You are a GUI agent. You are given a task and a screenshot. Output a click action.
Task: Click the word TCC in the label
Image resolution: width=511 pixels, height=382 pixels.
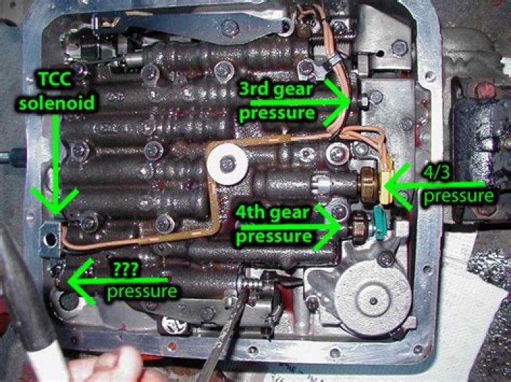click(55, 80)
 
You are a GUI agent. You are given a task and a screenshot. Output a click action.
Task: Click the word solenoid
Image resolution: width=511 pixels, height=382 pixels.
click(57, 102)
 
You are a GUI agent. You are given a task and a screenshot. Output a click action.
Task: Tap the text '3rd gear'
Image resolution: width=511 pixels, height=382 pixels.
click(276, 89)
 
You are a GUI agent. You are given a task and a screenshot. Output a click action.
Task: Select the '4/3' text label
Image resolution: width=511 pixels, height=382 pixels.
click(436, 172)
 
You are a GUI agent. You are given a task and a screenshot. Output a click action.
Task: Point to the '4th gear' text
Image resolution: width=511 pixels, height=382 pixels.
click(273, 213)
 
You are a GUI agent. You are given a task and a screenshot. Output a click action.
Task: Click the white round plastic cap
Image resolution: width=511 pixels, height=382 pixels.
click(227, 164)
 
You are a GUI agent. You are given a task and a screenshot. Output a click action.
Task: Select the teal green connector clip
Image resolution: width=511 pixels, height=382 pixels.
click(379, 223)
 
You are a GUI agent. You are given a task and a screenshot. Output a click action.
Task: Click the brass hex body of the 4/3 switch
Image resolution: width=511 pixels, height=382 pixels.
click(368, 184)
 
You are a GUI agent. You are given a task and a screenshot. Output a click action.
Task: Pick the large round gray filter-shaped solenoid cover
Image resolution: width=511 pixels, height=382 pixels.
click(373, 299)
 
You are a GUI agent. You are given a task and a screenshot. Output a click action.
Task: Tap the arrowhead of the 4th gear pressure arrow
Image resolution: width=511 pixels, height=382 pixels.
click(341, 226)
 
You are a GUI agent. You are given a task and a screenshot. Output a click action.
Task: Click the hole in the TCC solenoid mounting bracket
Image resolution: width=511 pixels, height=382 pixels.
click(50, 240)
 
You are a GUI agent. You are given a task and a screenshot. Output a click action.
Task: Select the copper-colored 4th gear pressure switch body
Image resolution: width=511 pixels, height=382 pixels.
click(359, 227)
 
